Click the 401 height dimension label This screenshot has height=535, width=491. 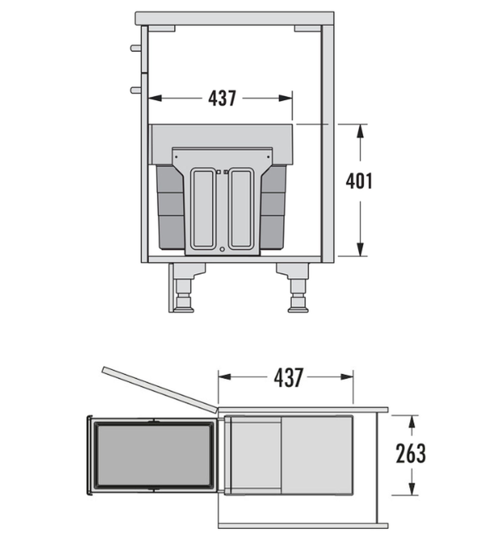pos(359,182)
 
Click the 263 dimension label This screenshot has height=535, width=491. pos(411,454)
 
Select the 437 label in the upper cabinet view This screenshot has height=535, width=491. pos(222,98)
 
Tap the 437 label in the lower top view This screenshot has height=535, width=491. pos(288,377)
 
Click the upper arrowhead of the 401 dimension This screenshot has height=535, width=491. pos(360,130)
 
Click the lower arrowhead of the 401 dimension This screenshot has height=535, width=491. pos(360,249)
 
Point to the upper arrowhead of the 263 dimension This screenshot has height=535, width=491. pos(412,421)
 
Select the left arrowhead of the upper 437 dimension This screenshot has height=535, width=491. pos(155,98)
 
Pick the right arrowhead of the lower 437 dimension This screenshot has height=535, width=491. pos(347,377)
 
